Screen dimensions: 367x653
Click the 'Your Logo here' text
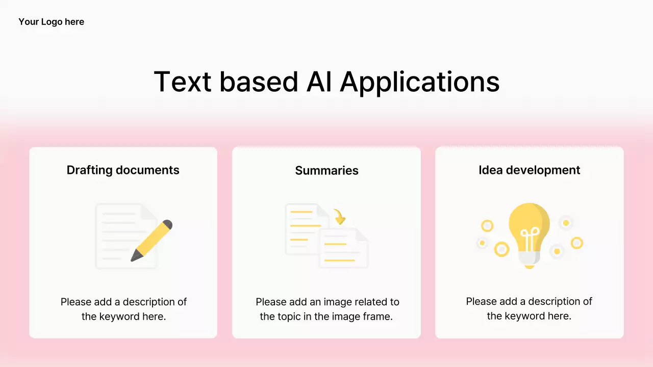[51, 22]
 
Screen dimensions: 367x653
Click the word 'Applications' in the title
[419, 82]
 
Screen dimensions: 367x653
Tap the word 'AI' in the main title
[319, 81]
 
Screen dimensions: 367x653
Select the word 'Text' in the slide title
[182, 81]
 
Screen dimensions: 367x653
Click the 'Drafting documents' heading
[123, 170]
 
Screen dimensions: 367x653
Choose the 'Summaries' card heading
[326, 171]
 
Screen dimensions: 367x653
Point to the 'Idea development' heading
[529, 170]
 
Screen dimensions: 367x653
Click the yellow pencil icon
[152, 240]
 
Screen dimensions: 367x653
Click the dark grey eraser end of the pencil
[167, 224]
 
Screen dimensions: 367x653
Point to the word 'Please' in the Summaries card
[271, 302]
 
